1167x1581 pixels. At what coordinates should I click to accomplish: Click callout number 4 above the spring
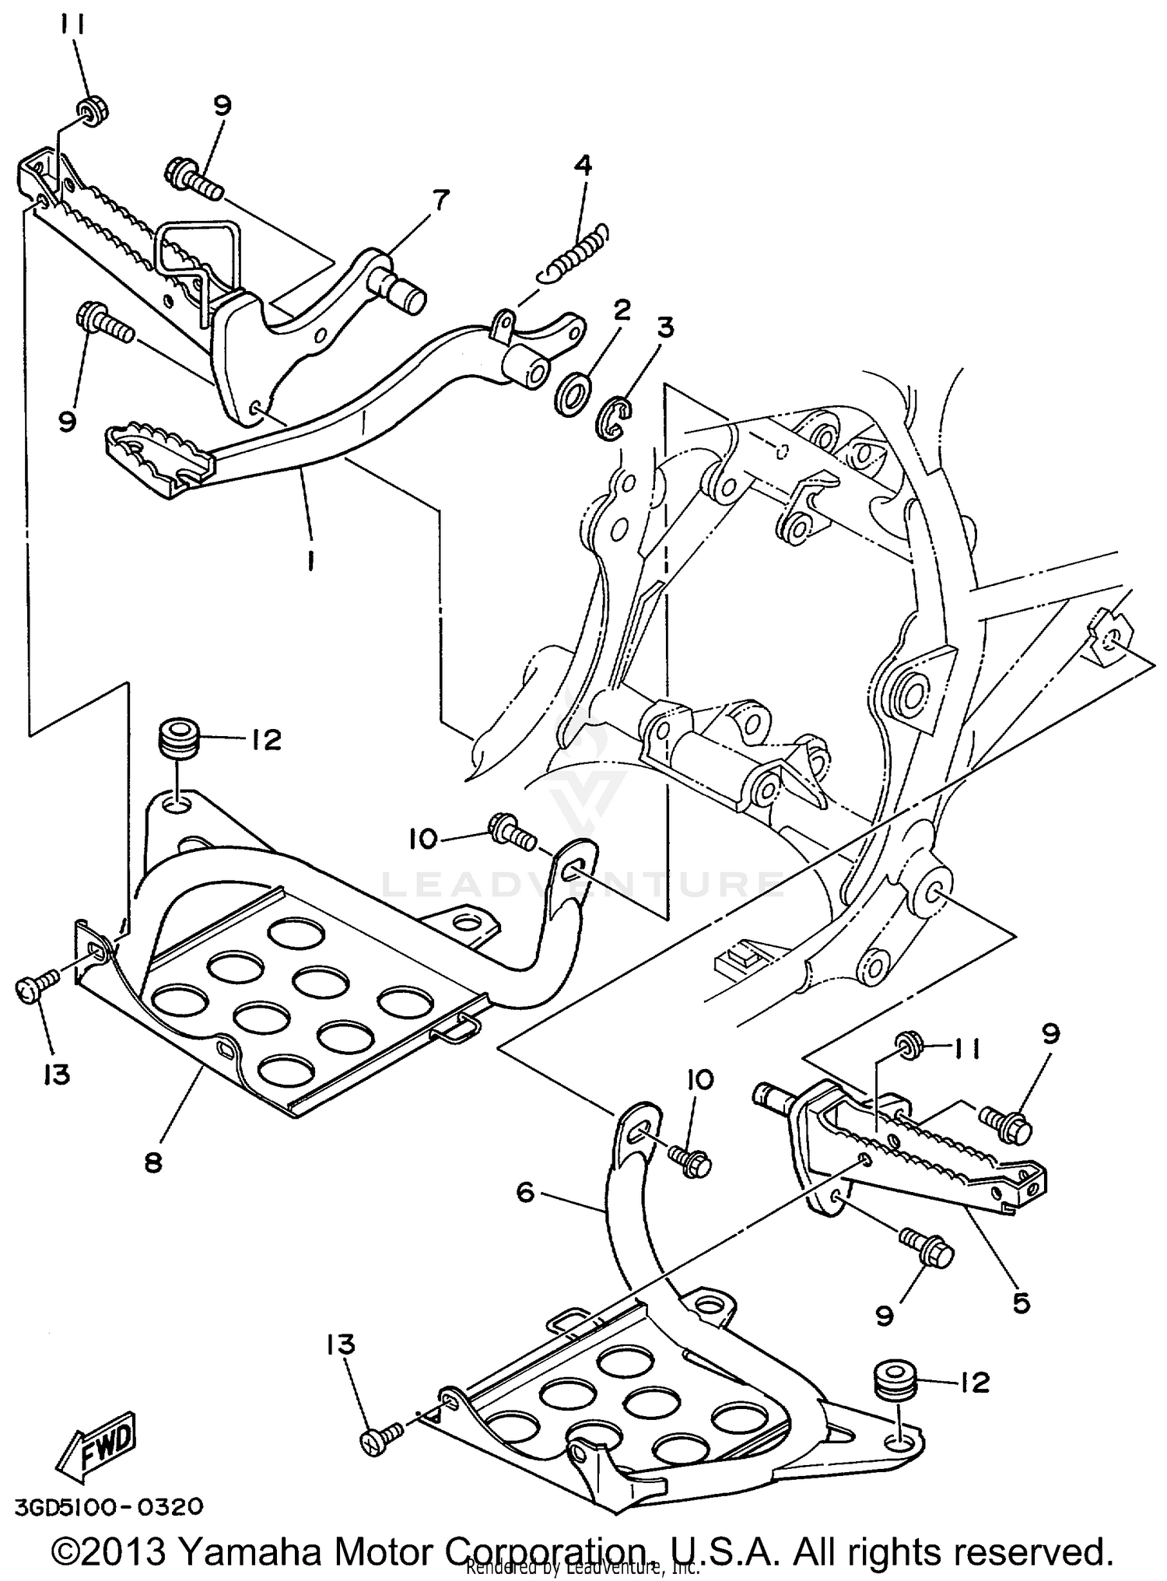pyautogui.click(x=583, y=165)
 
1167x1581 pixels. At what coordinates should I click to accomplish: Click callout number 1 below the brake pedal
pyautogui.click(x=310, y=560)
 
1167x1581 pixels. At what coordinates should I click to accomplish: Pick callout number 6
pyautogui.click(x=526, y=1192)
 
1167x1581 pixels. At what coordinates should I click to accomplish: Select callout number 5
pyautogui.click(x=1020, y=1301)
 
